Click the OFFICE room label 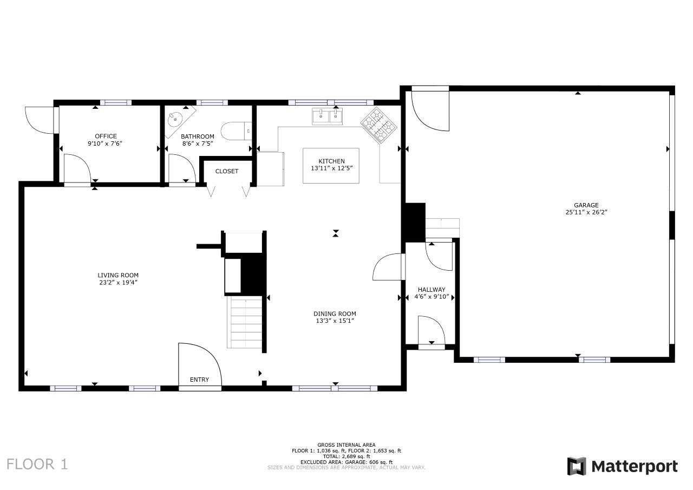(x=106, y=136)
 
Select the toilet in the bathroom (x=238, y=131)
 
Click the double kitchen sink (x=328, y=116)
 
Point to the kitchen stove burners (x=379, y=125)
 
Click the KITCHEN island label (x=331, y=161)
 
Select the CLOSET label (x=226, y=171)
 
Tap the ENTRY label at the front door (x=199, y=380)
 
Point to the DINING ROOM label (x=335, y=313)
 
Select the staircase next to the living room (x=246, y=323)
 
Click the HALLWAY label (x=432, y=290)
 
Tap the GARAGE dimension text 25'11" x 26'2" (x=586, y=213)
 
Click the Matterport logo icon (x=577, y=466)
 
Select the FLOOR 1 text (x=37, y=464)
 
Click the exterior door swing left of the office (x=39, y=120)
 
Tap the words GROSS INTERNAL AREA (x=346, y=445)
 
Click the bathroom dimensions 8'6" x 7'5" (x=198, y=143)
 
